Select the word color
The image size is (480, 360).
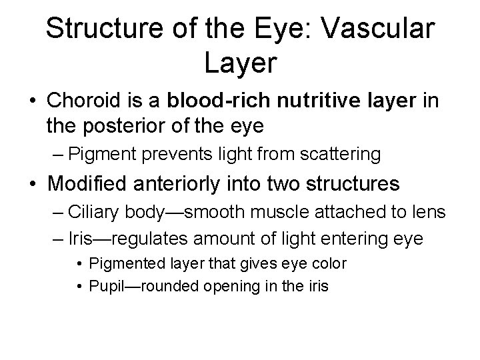[329, 264]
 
